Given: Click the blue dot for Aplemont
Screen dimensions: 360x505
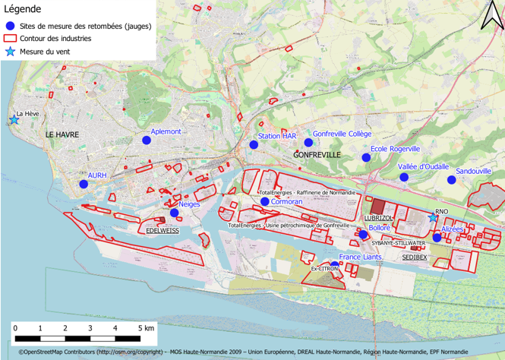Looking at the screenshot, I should [x=147, y=141].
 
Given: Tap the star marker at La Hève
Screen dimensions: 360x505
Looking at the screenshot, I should [x=13, y=119].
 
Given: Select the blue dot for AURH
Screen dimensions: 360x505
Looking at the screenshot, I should [x=84, y=184].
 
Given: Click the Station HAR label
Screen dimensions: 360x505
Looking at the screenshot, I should [x=276, y=136].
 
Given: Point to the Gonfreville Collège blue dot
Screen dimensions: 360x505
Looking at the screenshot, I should [x=308, y=142].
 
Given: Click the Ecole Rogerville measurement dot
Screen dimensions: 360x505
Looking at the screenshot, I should [x=366, y=157].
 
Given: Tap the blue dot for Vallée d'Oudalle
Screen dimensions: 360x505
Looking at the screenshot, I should [x=404, y=177].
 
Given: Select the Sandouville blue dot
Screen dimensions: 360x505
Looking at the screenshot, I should [x=451, y=180].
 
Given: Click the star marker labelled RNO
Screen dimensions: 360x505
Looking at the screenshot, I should [x=433, y=217].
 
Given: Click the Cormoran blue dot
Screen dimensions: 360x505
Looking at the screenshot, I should [x=264, y=201].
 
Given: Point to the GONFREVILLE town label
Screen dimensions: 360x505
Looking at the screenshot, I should [x=316, y=154].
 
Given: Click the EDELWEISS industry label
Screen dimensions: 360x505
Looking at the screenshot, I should [x=162, y=229].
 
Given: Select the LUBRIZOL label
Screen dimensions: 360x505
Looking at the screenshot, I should [x=378, y=218].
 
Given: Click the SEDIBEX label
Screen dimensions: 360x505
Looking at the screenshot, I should [x=415, y=257].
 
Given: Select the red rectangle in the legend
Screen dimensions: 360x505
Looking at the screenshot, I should [x=10, y=38].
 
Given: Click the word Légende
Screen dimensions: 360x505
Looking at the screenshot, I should [x=25, y=9].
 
